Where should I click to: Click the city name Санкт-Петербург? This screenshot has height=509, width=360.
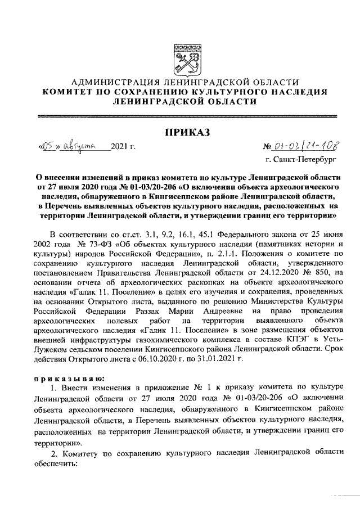pyautogui.click(x=306, y=162)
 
